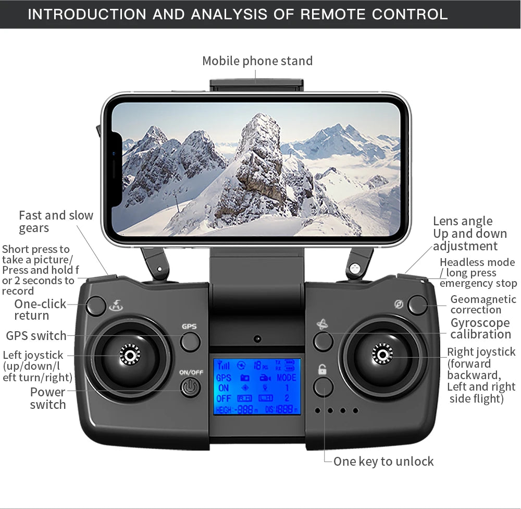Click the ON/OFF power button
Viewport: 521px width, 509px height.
click(x=190, y=387)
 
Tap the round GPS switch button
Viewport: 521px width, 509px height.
click(x=190, y=342)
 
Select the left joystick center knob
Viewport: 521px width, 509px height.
click(x=129, y=355)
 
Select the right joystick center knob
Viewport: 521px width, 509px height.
click(x=382, y=355)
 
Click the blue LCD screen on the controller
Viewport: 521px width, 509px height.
click(x=257, y=386)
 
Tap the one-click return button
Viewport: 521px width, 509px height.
click(x=96, y=306)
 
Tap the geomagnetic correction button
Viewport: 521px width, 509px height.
click(x=417, y=305)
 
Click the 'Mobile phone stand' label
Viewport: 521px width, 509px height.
click(x=257, y=61)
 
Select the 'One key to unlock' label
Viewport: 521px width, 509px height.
click(x=383, y=461)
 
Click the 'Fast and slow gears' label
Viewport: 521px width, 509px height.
click(x=56, y=222)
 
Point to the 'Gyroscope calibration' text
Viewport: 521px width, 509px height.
click(x=480, y=329)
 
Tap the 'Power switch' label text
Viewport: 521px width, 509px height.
click(x=48, y=398)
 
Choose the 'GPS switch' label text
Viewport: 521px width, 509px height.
click(x=36, y=335)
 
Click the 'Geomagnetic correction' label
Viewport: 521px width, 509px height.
click(x=483, y=304)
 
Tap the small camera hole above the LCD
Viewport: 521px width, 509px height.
click(x=257, y=339)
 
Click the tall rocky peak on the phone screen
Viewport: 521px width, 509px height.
click(x=259, y=156)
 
